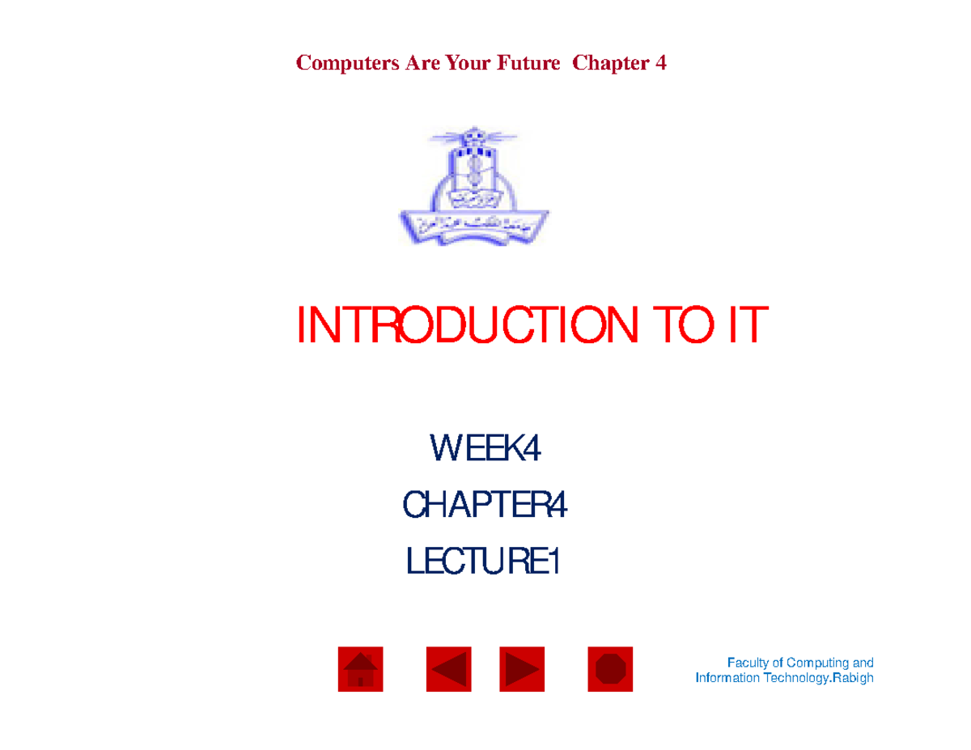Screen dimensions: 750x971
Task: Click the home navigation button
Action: pyautogui.click(x=360, y=670)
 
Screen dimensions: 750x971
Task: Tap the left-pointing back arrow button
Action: pyautogui.click(x=449, y=670)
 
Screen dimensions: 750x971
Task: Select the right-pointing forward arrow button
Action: pyautogui.click(x=522, y=670)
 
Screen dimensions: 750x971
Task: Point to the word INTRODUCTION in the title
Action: pyautogui.click(x=462, y=326)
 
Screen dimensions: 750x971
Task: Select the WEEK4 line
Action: pyautogui.click(x=485, y=450)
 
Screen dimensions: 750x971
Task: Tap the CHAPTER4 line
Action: pyautogui.click(x=485, y=507)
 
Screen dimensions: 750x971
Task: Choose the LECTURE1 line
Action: pyautogui.click(x=483, y=563)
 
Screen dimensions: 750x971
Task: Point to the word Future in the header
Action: pyautogui.click(x=528, y=63)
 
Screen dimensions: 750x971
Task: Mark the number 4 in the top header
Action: pyautogui.click(x=661, y=63)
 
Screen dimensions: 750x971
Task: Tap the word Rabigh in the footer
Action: pyautogui.click(x=853, y=678)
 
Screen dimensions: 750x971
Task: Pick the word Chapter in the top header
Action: pyautogui.click(x=608, y=63)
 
